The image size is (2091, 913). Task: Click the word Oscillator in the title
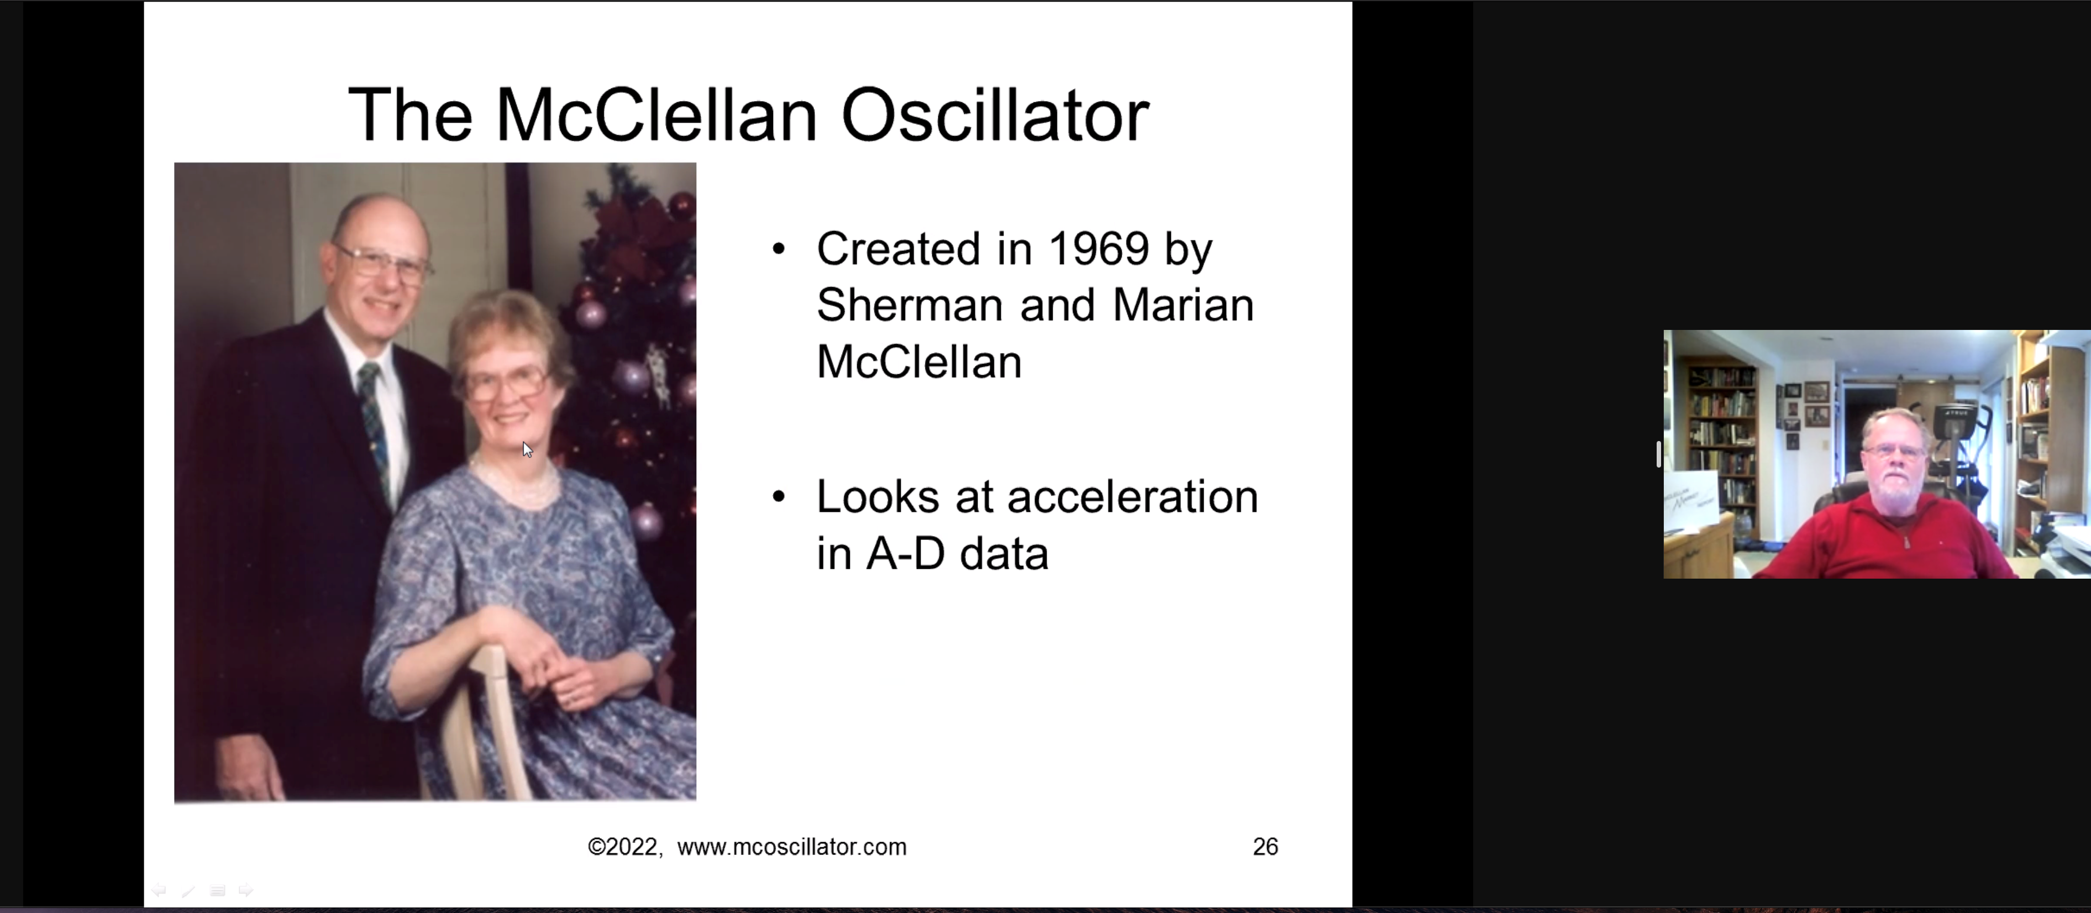tap(995, 114)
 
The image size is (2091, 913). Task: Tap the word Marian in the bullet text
tap(1183, 305)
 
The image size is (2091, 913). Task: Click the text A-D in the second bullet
tap(905, 554)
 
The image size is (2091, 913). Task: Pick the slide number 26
tap(1265, 847)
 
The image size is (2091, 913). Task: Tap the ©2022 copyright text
tap(623, 847)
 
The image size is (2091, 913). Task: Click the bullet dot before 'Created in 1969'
tap(779, 249)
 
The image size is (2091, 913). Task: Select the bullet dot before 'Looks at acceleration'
tap(779, 497)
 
